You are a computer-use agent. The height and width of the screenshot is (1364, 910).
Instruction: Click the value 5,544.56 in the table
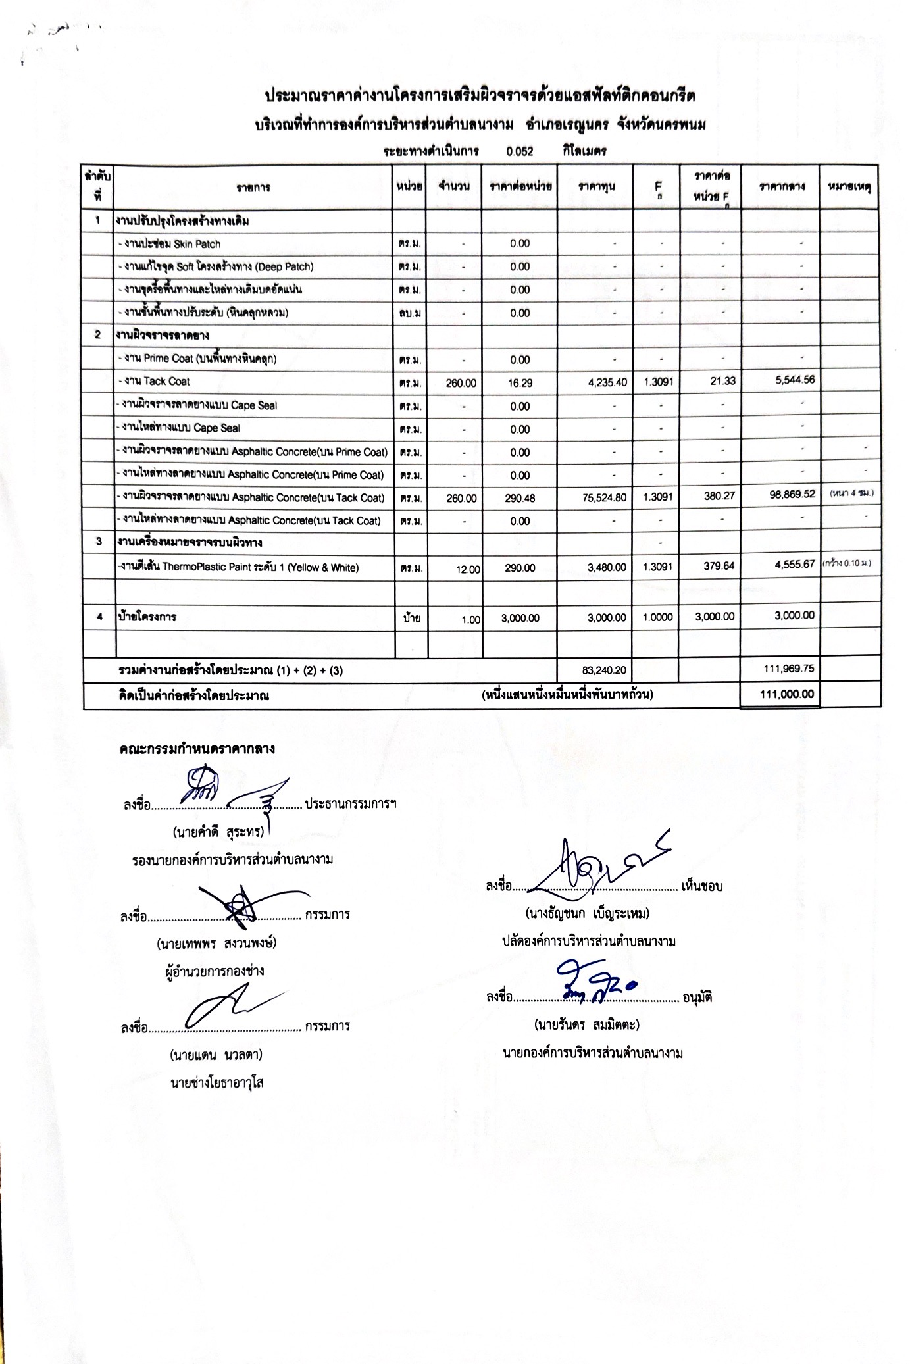795,380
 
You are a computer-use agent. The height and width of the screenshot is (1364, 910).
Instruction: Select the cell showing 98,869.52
792,494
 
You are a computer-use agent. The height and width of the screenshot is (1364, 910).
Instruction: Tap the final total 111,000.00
786,694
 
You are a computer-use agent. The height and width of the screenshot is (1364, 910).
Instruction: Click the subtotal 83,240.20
604,670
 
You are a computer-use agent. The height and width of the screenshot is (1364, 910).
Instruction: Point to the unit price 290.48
520,498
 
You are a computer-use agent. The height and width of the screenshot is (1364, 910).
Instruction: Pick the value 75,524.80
604,498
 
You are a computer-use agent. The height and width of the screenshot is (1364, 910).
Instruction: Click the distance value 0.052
520,151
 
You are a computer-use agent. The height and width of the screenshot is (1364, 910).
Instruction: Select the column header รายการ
253,188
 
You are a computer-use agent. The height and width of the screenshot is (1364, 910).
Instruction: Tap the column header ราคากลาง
781,187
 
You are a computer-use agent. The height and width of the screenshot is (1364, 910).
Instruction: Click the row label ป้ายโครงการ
147,617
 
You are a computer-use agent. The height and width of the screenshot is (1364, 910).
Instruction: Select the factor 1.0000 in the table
657,617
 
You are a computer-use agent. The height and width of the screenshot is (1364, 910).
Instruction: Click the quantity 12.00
468,569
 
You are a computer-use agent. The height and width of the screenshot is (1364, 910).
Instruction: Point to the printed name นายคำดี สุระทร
218,832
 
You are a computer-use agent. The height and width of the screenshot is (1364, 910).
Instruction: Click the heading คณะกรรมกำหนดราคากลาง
197,749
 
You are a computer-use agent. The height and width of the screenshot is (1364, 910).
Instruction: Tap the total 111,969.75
788,669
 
